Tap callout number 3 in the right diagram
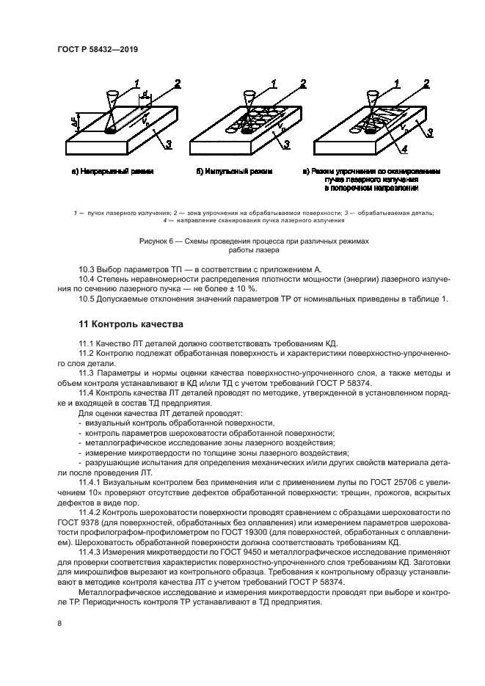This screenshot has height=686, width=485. [x=430, y=133]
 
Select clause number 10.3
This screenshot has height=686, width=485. [x=87, y=269]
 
